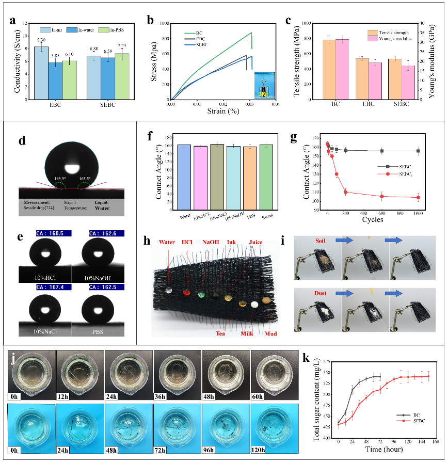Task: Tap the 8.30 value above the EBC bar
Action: pyautogui.click(x=41, y=40)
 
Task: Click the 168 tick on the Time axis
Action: pyautogui.click(x=435, y=442)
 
